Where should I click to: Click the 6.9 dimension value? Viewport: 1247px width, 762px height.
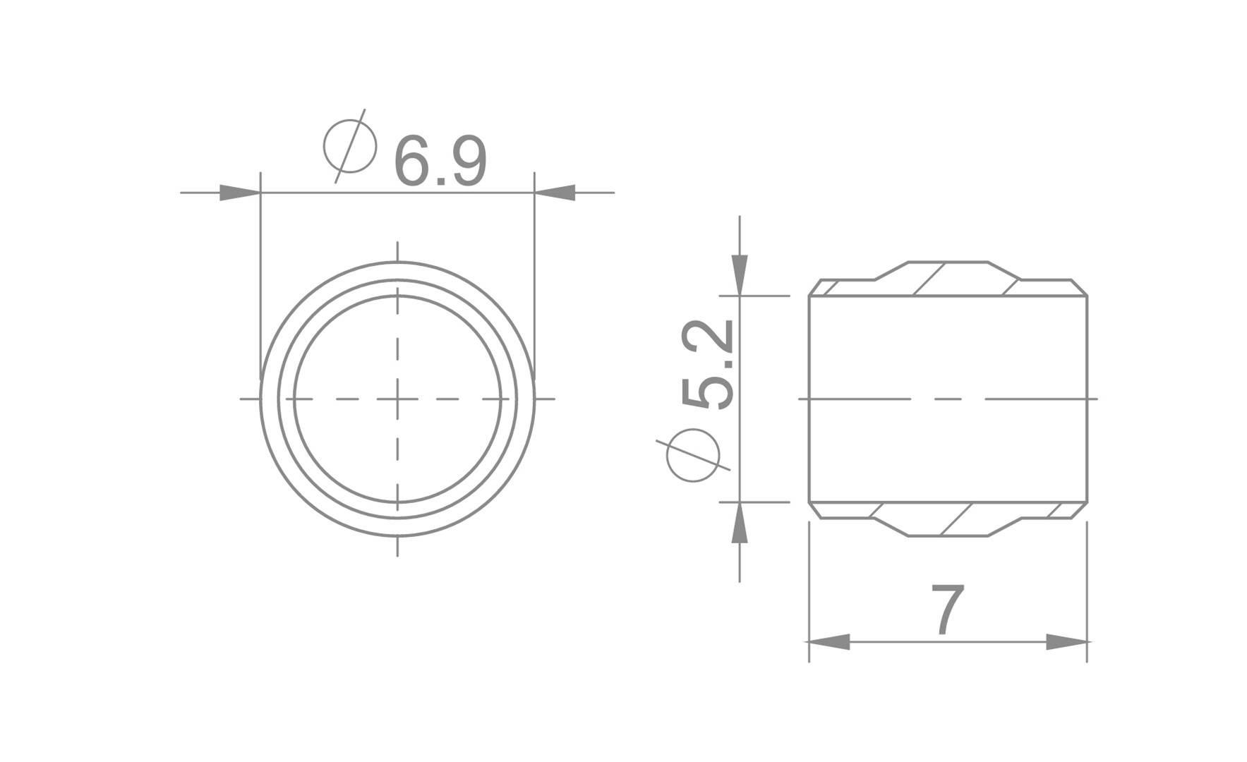[x=440, y=162]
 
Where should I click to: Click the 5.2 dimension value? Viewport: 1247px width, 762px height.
[x=708, y=364]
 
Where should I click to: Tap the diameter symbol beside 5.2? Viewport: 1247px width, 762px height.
[x=693, y=455]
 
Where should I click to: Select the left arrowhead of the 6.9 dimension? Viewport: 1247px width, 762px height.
[x=239, y=192]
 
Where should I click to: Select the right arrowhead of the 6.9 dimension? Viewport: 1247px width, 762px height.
[x=556, y=192]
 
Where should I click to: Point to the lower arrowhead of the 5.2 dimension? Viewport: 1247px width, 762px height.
[x=739, y=524]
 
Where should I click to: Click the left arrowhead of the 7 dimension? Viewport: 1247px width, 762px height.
[x=829, y=641]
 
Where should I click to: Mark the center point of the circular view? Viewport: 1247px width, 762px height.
[x=397, y=399]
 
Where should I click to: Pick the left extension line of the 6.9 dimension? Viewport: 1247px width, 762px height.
[x=261, y=282]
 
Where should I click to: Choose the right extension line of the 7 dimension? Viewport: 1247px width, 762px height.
[x=1087, y=593]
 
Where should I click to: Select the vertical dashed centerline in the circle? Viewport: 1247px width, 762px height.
[x=397, y=339]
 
